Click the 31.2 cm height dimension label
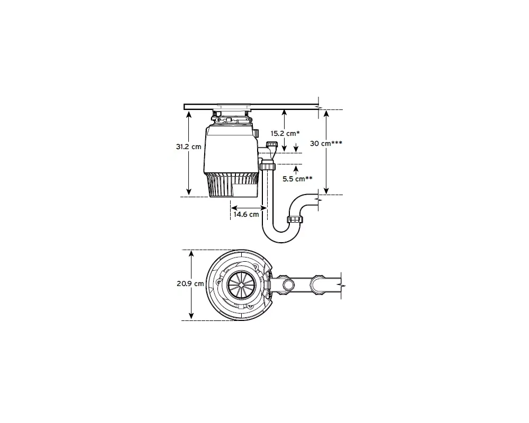pyautogui.click(x=188, y=146)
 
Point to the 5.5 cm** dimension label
pyautogui.click(x=297, y=179)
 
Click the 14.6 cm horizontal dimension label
pyautogui.click(x=247, y=214)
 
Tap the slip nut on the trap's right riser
pyautogui.click(x=295, y=219)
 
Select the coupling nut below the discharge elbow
pyautogui.click(x=268, y=167)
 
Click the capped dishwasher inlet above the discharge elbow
pyautogui.click(x=272, y=144)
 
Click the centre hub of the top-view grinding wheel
pyautogui.click(x=241, y=284)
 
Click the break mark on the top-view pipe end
pyautogui.click(x=343, y=284)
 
